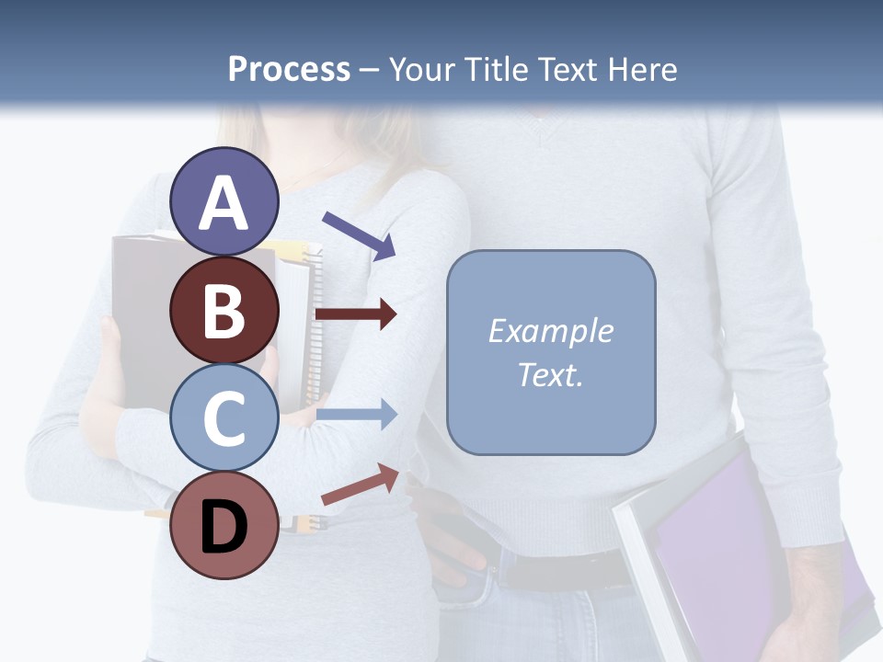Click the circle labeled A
(224, 201)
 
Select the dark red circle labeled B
(224, 310)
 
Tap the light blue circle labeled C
(224, 417)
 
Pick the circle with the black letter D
(224, 526)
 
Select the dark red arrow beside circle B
(356, 314)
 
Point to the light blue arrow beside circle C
(356, 415)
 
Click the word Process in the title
(289, 70)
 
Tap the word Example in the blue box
(550, 331)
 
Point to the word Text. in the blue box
(550, 374)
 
